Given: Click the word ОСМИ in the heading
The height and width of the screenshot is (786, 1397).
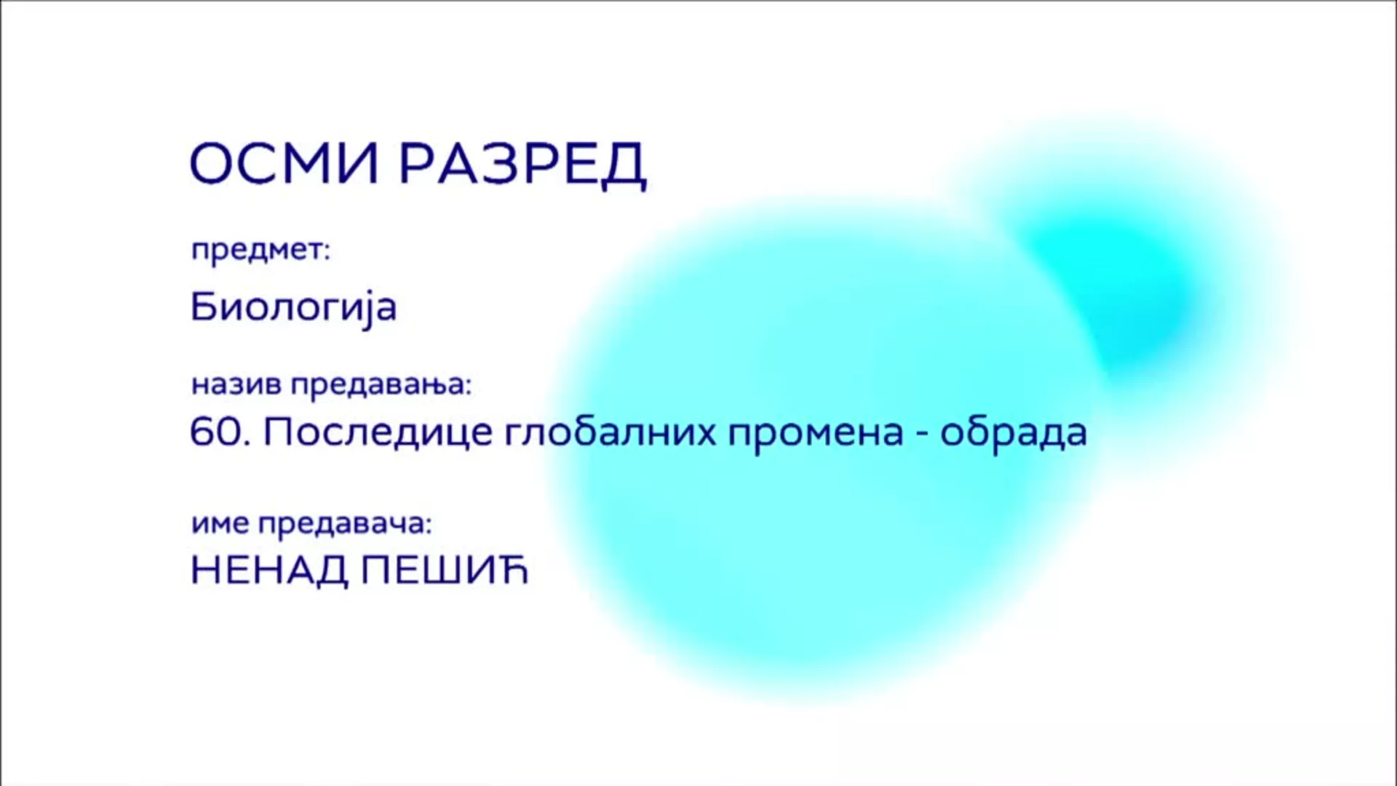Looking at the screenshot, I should click(x=284, y=164).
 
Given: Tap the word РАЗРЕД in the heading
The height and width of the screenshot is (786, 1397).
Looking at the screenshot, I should click(x=522, y=164).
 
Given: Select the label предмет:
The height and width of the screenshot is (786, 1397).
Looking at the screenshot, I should click(x=260, y=250).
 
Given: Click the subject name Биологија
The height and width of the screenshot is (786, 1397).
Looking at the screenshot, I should click(x=293, y=307).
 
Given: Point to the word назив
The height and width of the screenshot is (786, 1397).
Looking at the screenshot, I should click(x=236, y=384).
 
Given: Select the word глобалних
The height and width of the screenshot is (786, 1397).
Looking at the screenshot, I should click(x=609, y=432).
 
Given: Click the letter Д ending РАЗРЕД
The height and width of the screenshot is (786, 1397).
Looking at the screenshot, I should click(x=623, y=165).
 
